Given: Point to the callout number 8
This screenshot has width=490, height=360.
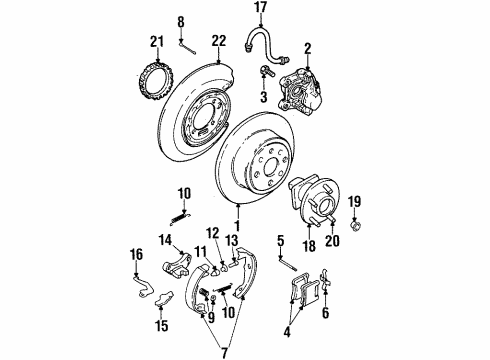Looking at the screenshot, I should point(181,20).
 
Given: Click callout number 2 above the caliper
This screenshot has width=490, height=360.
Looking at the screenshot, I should point(309,46).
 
